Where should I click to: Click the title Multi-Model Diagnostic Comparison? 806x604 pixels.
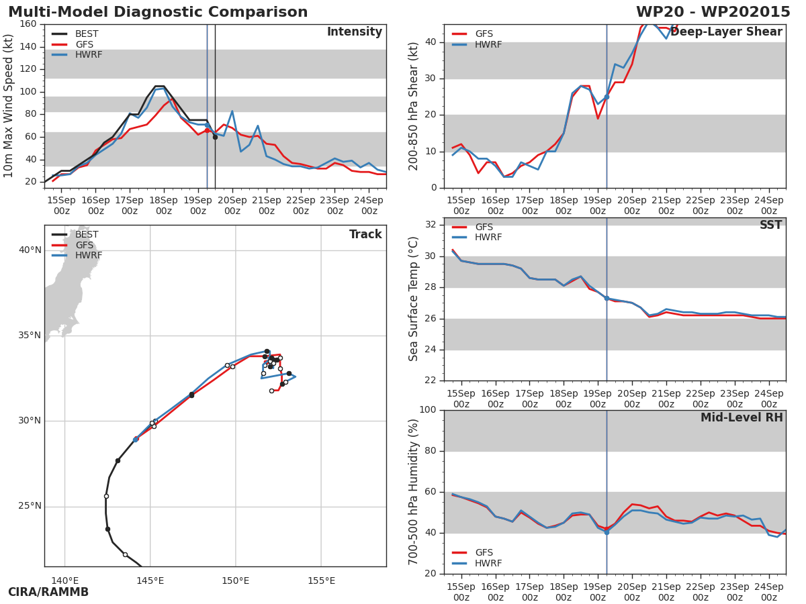point(158,12)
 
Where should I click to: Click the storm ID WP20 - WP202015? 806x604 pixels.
point(713,12)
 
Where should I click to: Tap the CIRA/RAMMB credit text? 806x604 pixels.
point(48,592)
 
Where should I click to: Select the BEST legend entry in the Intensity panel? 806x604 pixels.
point(87,34)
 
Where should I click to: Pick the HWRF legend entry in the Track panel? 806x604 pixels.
point(89,256)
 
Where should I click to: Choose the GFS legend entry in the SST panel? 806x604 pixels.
point(484,228)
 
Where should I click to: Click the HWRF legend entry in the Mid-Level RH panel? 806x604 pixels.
point(488,564)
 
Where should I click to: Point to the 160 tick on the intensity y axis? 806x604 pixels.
point(28,24)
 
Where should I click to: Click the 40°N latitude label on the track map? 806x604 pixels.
point(30,250)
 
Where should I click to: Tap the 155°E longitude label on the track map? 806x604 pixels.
point(321,581)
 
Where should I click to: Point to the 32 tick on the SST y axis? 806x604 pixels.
point(431,225)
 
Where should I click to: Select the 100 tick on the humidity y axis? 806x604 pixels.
point(427,410)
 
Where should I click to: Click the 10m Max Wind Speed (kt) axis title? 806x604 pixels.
point(9,106)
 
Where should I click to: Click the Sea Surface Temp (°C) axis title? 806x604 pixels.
point(414,299)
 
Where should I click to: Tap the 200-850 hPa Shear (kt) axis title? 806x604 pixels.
point(414,106)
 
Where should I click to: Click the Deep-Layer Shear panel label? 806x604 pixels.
point(726,32)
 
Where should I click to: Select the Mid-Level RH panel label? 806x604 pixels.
point(742,418)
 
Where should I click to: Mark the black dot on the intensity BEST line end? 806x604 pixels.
point(215,137)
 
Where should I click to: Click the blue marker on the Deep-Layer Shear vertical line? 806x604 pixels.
point(607,97)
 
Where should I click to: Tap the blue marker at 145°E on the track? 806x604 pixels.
point(136,439)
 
